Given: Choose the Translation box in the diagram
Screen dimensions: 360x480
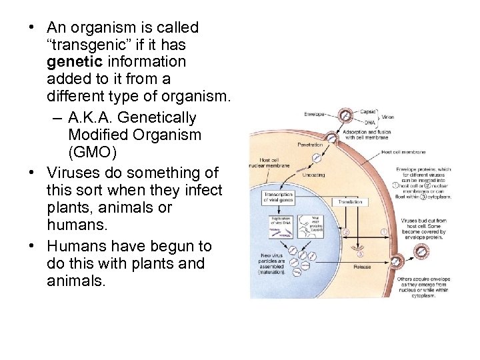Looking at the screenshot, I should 350,201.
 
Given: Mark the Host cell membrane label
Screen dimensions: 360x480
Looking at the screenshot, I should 404,151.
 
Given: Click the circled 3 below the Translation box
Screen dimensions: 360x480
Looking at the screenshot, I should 360,253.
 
